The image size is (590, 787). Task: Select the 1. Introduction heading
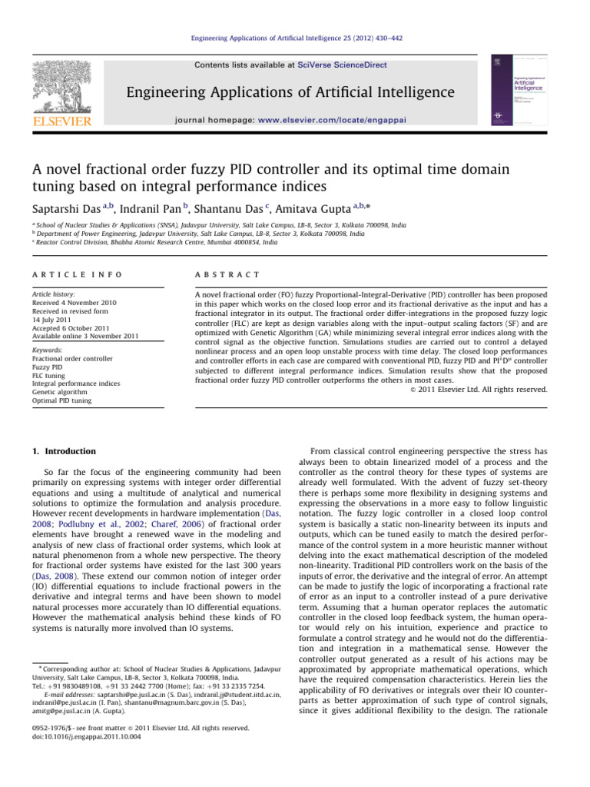(x=67, y=451)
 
